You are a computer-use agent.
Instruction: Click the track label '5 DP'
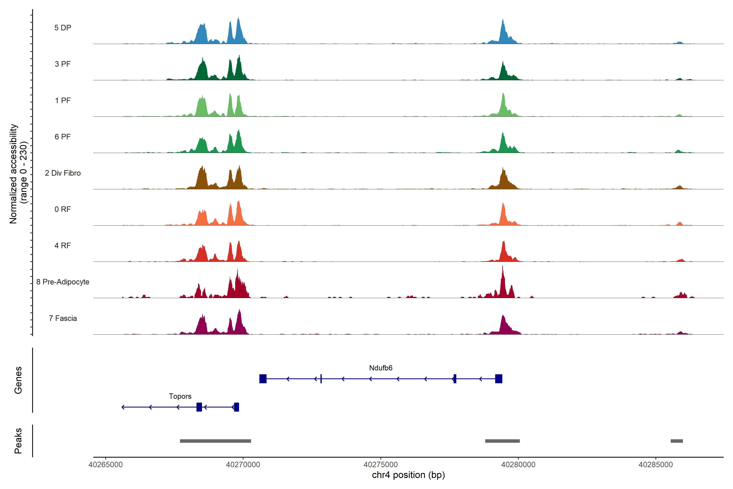point(63,28)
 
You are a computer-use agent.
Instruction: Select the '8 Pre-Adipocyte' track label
point(63,282)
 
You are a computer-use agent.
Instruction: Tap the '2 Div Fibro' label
point(63,173)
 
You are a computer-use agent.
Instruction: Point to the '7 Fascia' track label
point(63,318)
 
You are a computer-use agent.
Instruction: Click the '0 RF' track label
point(63,209)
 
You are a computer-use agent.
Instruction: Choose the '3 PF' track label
point(63,64)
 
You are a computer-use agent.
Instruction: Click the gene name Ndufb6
point(381,368)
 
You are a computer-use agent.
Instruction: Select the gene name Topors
point(180,396)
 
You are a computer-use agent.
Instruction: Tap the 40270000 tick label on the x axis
point(243,465)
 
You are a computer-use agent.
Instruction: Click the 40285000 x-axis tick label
point(656,465)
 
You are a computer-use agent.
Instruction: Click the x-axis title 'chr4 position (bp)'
point(408,475)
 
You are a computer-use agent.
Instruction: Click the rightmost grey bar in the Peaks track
point(677,441)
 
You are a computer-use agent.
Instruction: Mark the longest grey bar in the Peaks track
point(215,441)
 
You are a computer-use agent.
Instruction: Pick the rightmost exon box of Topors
point(237,407)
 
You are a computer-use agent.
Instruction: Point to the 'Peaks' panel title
point(18,441)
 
